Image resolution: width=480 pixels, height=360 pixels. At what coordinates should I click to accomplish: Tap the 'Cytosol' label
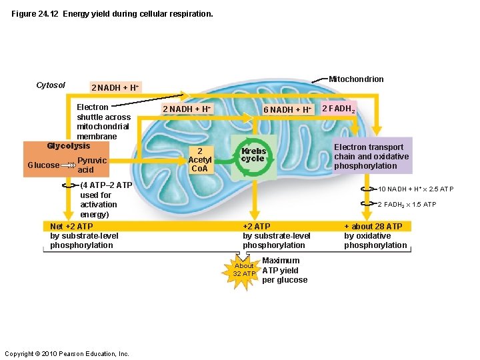51,85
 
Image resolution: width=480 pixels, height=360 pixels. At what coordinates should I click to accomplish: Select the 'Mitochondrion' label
356,79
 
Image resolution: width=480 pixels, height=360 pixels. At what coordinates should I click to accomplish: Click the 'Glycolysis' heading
68,146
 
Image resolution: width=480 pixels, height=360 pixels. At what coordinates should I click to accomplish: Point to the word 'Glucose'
43,165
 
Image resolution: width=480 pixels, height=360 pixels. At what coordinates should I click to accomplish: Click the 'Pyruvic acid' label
92,165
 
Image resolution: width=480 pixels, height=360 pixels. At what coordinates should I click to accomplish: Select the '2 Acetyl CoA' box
199,159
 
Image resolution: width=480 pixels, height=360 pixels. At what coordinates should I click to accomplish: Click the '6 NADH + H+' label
287,109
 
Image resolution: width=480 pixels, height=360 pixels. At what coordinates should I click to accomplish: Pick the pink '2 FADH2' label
339,108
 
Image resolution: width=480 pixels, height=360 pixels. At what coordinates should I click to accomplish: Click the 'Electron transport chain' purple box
371,157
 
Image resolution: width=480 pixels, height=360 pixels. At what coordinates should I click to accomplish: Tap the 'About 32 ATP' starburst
244,269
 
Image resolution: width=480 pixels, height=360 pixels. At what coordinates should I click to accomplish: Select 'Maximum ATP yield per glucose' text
285,270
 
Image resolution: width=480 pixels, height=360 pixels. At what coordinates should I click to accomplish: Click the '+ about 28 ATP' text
375,236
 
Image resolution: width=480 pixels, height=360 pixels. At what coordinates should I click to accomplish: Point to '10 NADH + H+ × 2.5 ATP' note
416,189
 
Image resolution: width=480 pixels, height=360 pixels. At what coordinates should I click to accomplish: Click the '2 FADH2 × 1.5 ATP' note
407,205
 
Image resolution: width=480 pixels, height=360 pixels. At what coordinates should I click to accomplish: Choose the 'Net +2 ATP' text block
84,236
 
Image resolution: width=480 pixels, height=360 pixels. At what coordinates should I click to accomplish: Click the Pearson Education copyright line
67,353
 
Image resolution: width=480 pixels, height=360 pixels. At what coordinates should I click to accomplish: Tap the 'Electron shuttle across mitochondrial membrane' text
103,122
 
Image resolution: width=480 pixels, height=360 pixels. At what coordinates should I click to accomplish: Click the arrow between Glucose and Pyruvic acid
68,165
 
